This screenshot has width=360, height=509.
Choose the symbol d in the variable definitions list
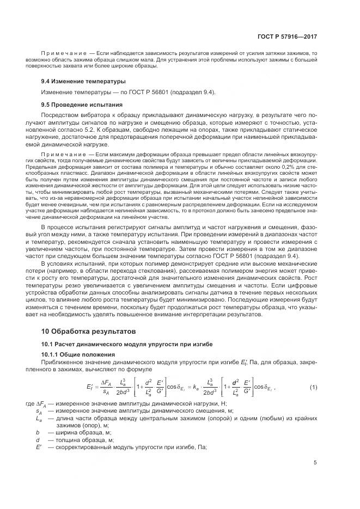point(38,440)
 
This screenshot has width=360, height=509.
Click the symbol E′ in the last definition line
point(39,447)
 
